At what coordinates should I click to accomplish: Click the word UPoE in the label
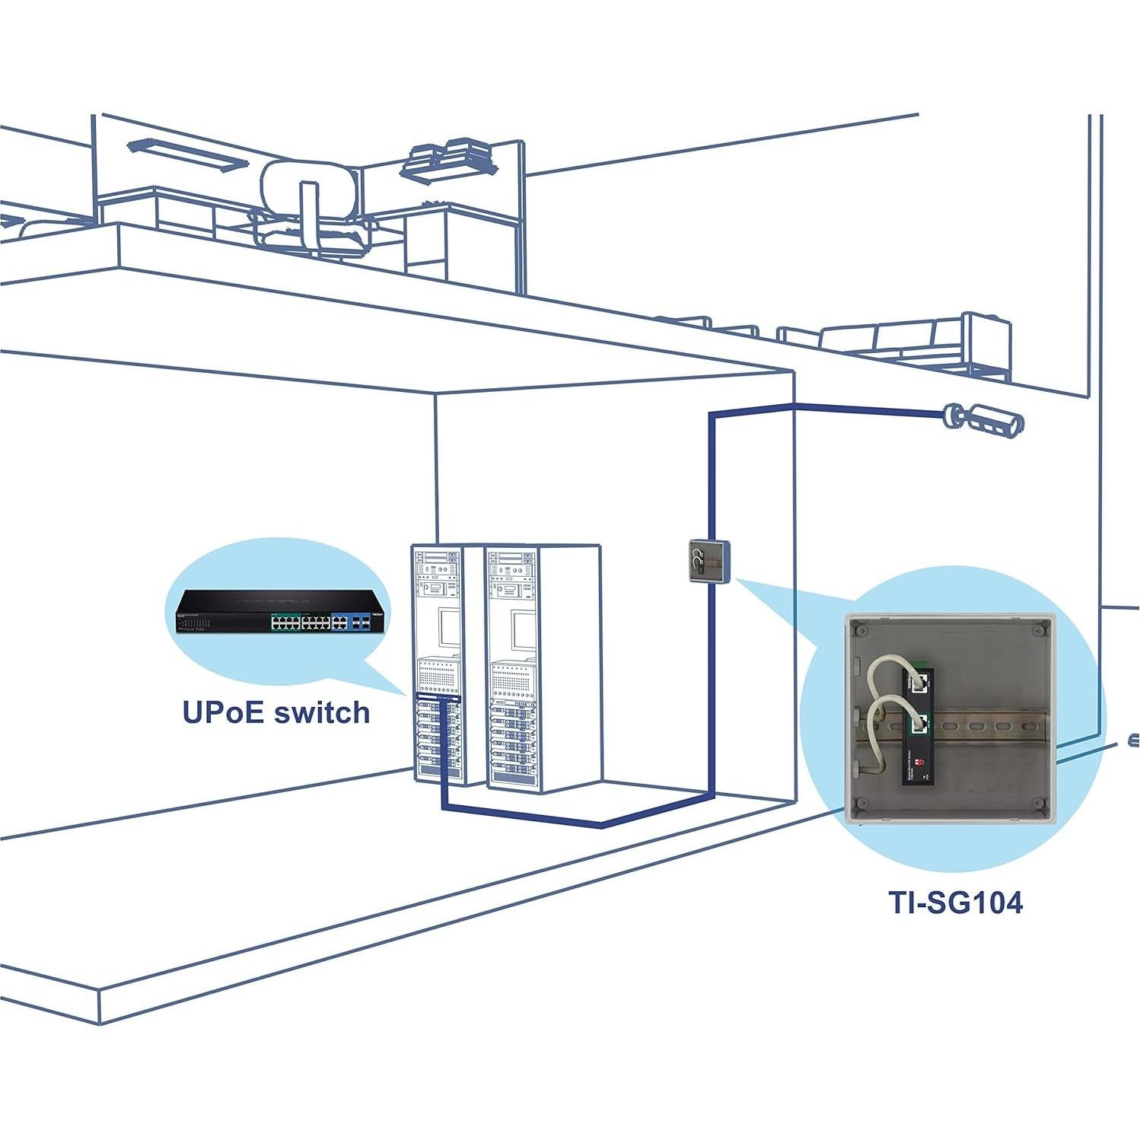tap(222, 712)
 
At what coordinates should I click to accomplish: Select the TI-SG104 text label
tap(955, 902)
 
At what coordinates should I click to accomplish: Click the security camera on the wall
tap(985, 419)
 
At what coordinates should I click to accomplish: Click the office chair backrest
tap(308, 182)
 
